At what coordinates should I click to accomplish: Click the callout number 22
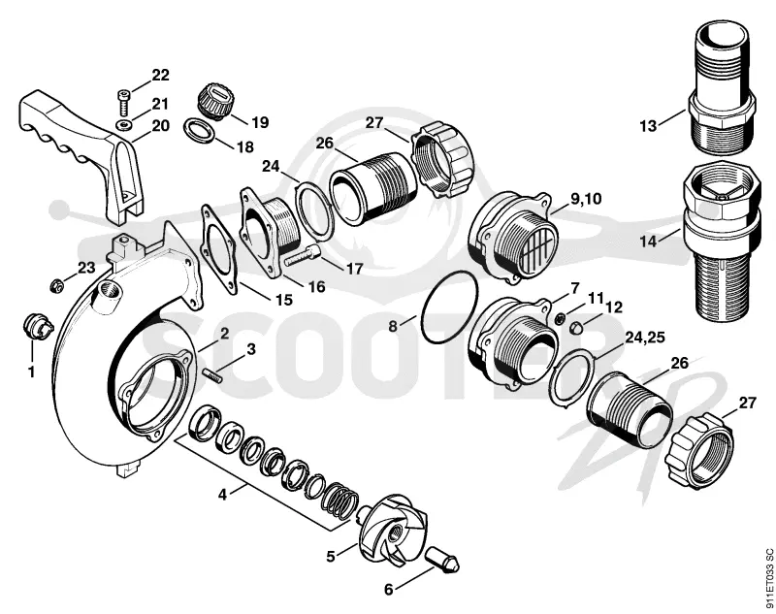point(160,76)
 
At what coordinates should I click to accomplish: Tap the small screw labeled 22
point(124,102)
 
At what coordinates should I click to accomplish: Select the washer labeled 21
point(124,123)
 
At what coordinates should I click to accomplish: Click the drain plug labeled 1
point(36,325)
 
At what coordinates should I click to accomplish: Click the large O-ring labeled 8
point(449,307)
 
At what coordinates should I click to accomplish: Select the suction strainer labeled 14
point(721,242)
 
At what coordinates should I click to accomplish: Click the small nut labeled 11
point(560,317)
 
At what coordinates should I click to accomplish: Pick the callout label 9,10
point(586,199)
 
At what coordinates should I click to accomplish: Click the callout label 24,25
point(645,338)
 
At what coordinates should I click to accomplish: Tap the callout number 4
point(223,494)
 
